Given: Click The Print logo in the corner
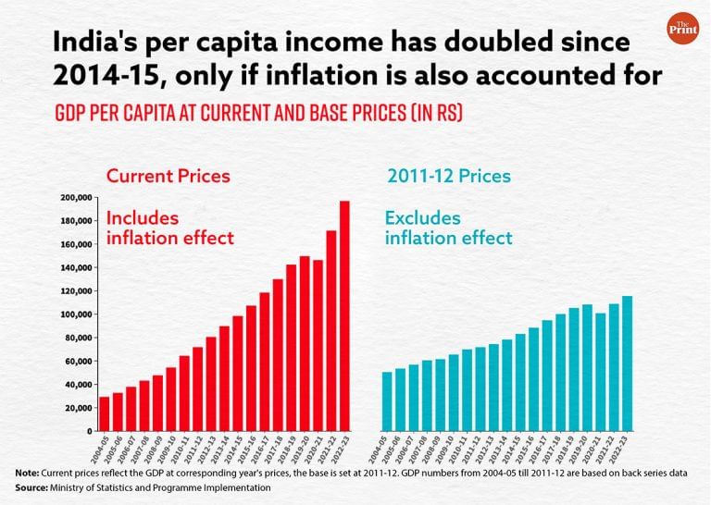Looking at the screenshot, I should (x=683, y=29).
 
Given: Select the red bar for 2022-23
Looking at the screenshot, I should (x=344, y=316).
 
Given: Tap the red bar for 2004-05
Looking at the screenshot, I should (x=105, y=413).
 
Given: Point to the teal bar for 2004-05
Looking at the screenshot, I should (x=387, y=401).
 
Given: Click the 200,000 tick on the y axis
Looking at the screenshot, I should (x=76, y=197).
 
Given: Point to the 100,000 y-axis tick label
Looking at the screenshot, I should (x=76, y=314).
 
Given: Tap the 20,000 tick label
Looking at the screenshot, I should (x=79, y=408).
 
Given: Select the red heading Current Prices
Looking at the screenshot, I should (x=168, y=175).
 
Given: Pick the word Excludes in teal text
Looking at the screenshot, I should (x=423, y=217).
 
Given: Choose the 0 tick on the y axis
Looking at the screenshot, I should (x=90, y=431).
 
